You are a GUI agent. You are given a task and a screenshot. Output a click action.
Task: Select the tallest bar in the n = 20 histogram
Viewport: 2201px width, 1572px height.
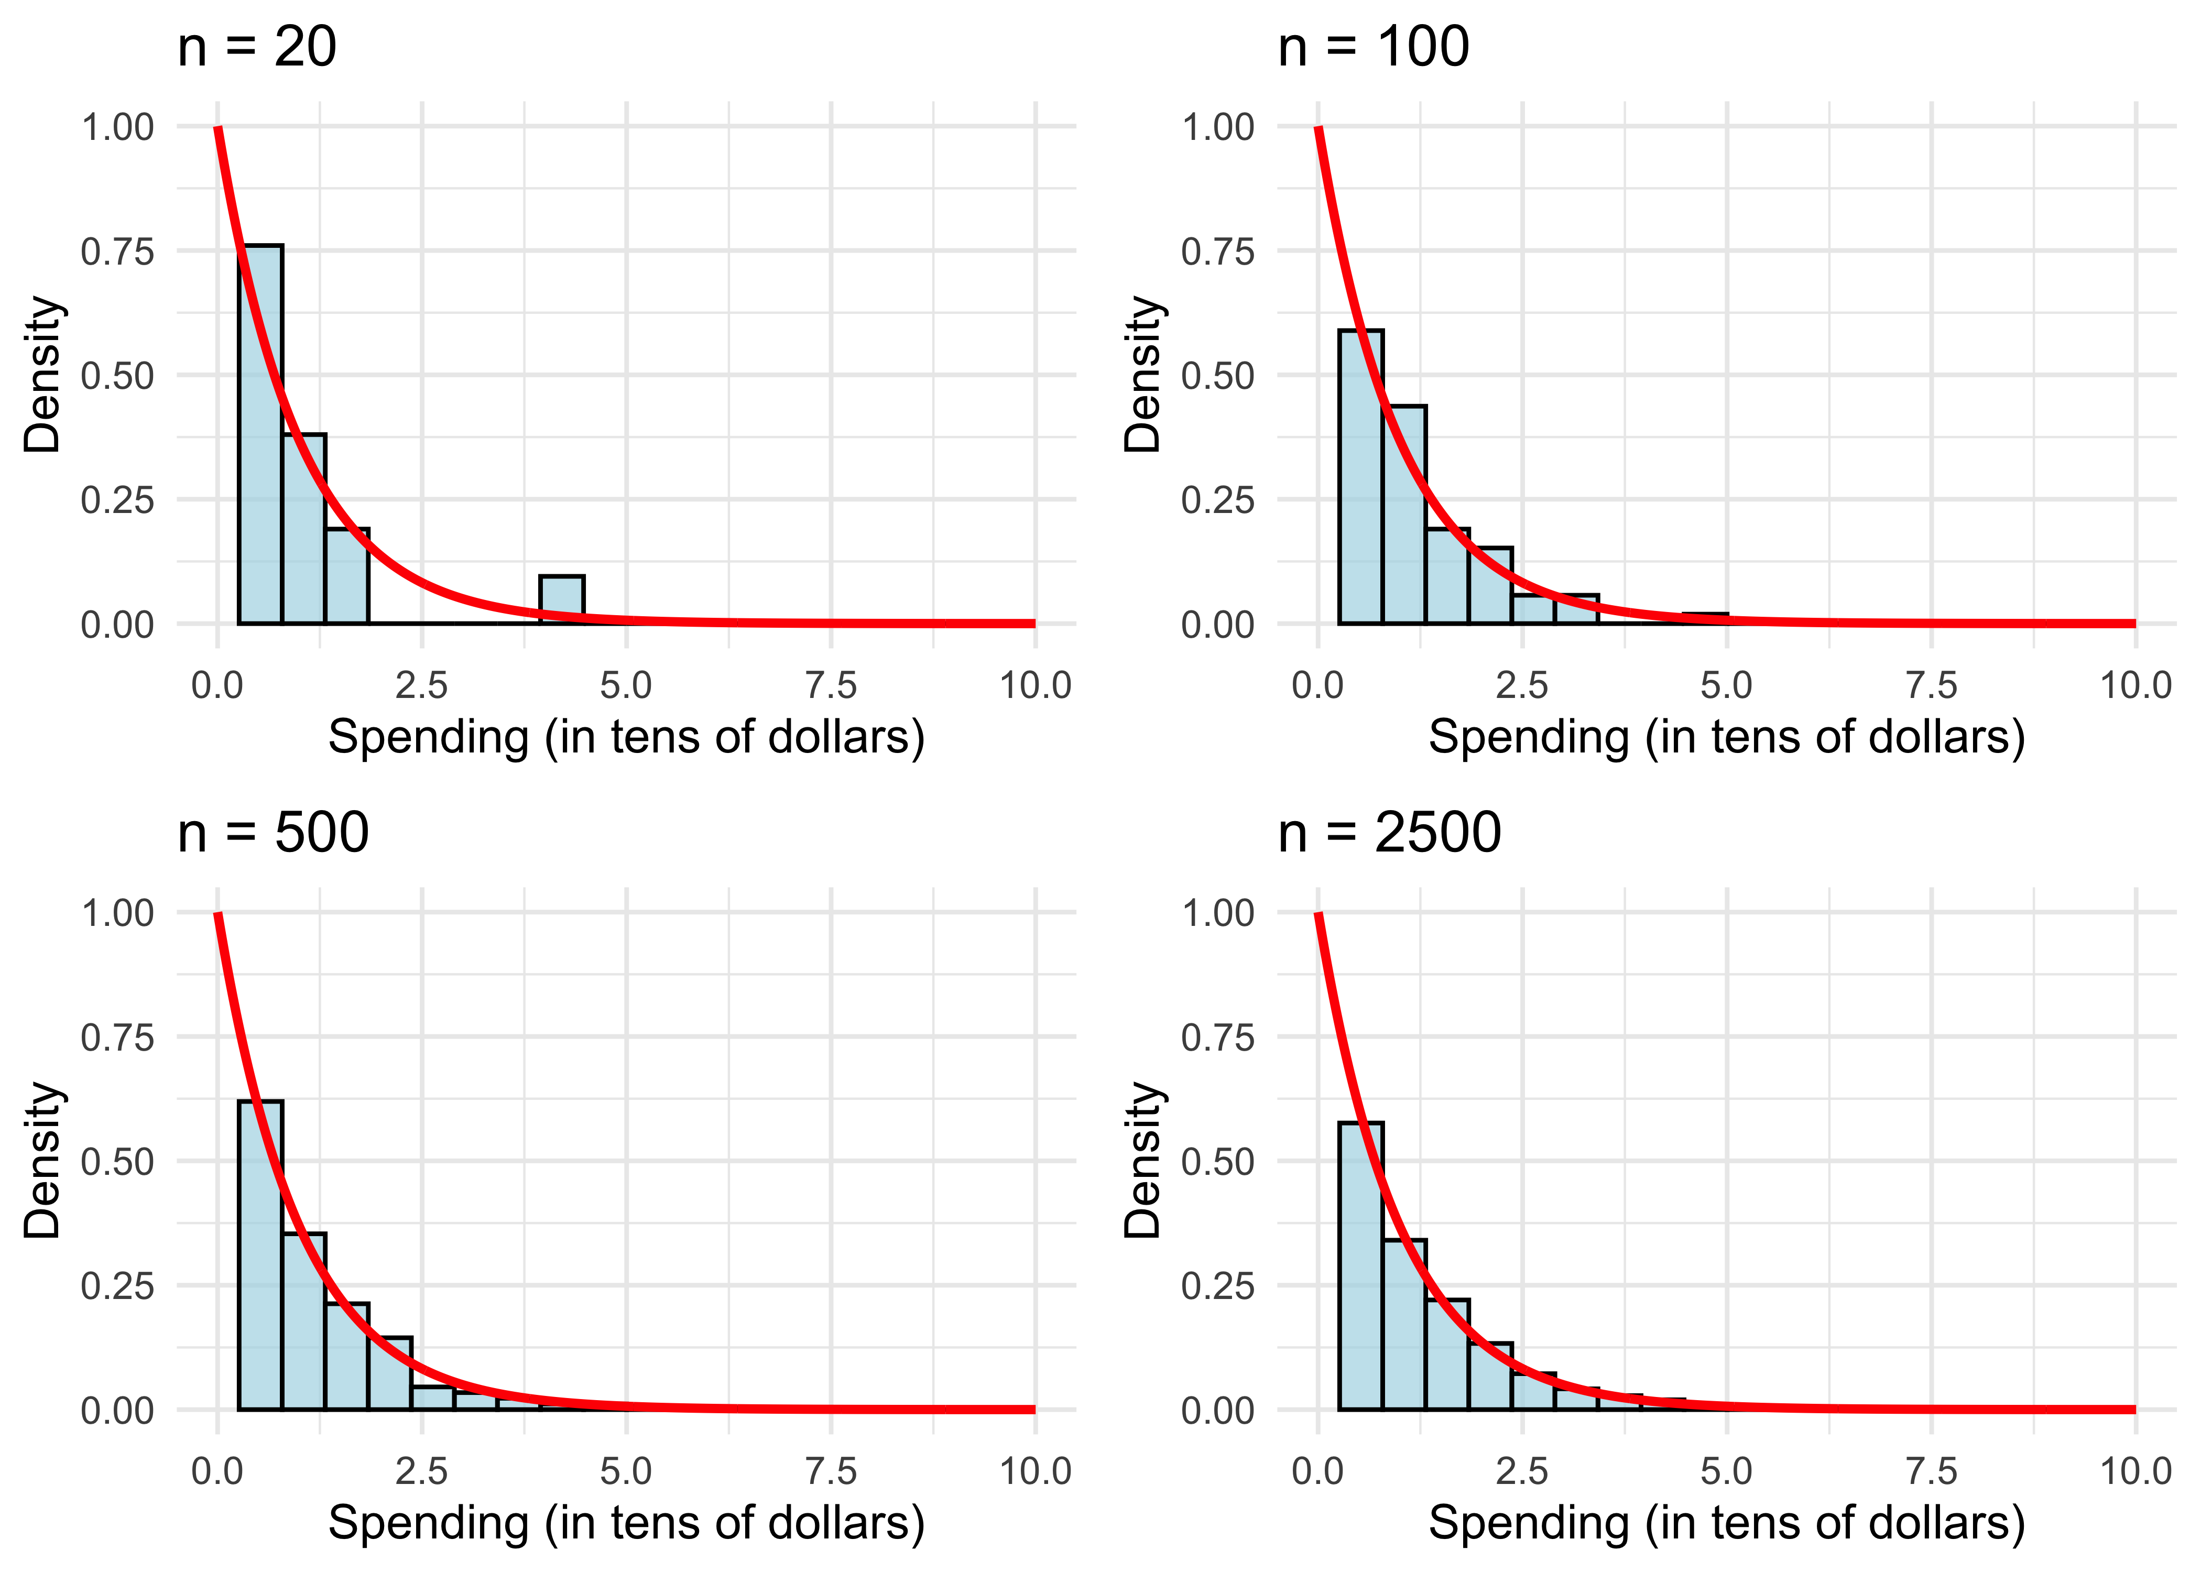coord(260,435)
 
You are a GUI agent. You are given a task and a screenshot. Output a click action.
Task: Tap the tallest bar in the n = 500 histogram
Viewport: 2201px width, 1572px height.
coord(260,1256)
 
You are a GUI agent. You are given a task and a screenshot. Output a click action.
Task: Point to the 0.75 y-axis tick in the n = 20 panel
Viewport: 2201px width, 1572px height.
coord(117,252)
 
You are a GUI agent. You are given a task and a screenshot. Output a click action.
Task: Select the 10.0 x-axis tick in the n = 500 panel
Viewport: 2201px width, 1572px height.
coord(1034,1471)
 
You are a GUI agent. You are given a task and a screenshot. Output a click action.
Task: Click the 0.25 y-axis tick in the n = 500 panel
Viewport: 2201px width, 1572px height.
coord(117,1285)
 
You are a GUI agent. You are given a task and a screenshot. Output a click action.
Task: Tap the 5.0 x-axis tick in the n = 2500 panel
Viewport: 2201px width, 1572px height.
coord(1727,1471)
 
